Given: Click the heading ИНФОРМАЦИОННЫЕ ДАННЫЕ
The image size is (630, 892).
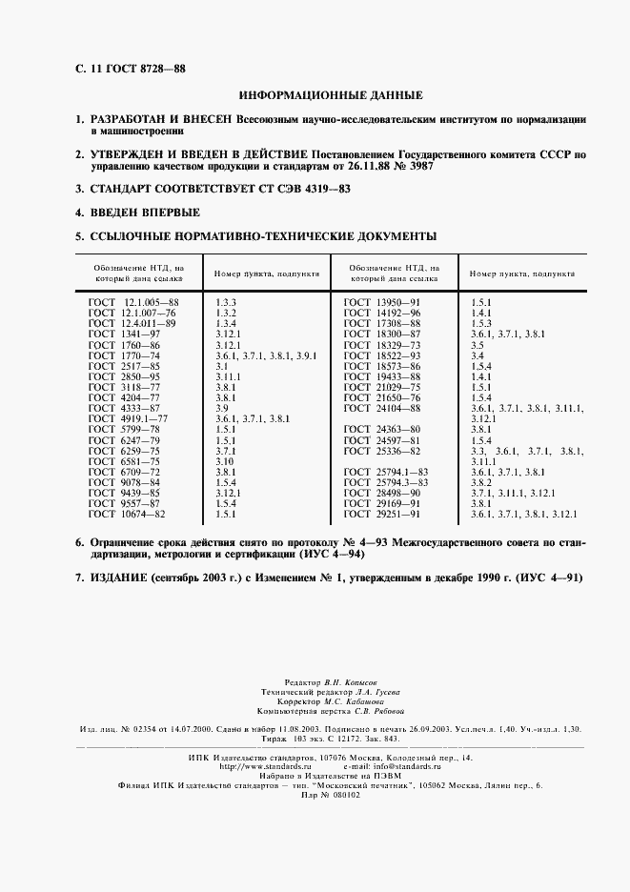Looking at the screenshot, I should click(330, 95).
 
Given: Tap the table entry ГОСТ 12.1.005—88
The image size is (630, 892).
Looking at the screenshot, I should click(132, 302).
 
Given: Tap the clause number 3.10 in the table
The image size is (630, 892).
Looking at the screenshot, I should click(226, 461).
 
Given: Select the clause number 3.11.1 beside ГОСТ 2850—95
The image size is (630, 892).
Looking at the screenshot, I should click(229, 376).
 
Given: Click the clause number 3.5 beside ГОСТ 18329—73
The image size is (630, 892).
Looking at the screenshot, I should click(478, 344).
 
